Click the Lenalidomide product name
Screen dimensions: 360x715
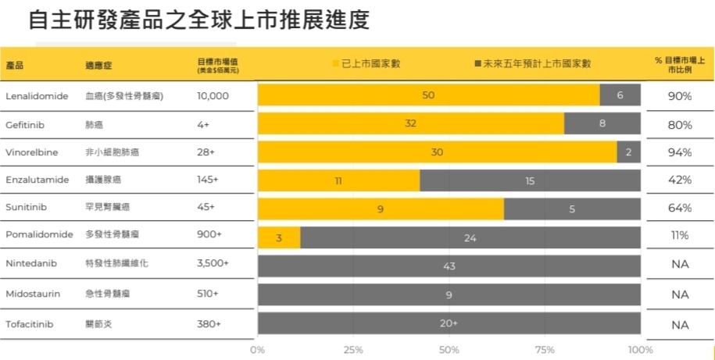pyautogui.click(x=37, y=96)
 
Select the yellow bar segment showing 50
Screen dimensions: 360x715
pyautogui.click(x=428, y=95)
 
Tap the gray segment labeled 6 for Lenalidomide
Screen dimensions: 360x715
pyautogui.click(x=620, y=95)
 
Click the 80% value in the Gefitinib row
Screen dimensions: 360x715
pyautogui.click(x=680, y=125)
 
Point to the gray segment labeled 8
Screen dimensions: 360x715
pyautogui.click(x=602, y=123)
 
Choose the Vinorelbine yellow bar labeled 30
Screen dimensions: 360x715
pyautogui.click(x=437, y=152)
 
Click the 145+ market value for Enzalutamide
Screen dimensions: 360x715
pyautogui.click(x=208, y=180)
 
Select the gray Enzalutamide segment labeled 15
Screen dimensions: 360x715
pyautogui.click(x=530, y=180)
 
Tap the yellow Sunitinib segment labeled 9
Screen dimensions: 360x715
pyautogui.click(x=381, y=209)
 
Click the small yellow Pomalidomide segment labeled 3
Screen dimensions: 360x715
pyautogui.click(x=279, y=237)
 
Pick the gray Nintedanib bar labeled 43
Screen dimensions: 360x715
pyautogui.click(x=449, y=266)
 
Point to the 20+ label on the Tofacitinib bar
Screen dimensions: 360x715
pyautogui.click(x=449, y=323)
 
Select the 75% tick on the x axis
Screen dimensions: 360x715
pyautogui.click(x=545, y=350)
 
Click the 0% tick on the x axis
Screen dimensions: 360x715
pyautogui.click(x=257, y=350)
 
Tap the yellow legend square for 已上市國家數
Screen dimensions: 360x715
pyautogui.click(x=336, y=63)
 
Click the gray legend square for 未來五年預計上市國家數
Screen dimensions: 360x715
pyautogui.click(x=477, y=63)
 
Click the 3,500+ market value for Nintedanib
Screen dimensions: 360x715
pyautogui.click(x=213, y=265)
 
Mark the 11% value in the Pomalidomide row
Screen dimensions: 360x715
pyautogui.click(x=680, y=236)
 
